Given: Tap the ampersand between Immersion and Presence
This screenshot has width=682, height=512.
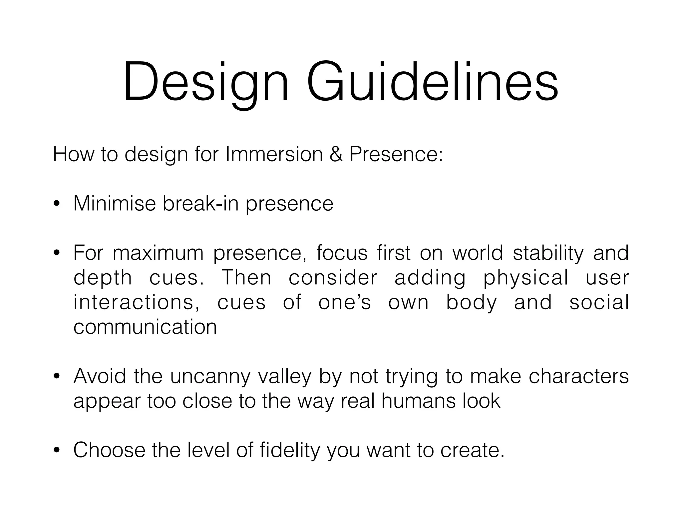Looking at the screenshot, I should (336, 154).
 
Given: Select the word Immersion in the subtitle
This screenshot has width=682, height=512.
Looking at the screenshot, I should (274, 154).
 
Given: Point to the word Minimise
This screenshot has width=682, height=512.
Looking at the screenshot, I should (115, 203).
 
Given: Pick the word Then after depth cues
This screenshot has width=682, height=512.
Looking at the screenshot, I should (246, 278).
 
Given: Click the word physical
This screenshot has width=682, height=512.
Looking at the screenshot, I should (525, 278).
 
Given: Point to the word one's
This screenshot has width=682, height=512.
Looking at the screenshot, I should (344, 302).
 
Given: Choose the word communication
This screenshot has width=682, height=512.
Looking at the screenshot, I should (145, 327).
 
